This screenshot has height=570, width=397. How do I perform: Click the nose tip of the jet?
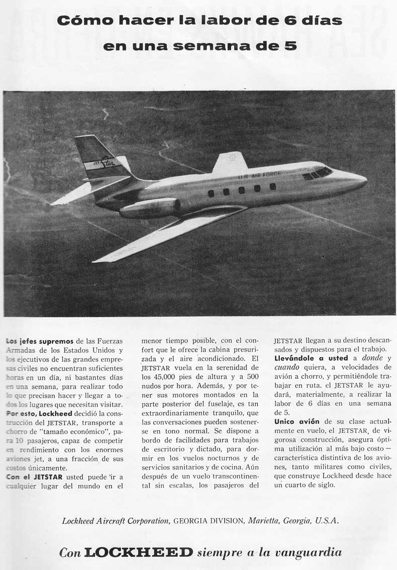365,179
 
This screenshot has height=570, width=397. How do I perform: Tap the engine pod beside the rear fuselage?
150,207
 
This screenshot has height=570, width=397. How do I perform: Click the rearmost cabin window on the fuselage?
211,193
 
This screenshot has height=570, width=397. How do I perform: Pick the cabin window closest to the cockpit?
273,186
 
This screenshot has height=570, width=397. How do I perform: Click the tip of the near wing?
95,260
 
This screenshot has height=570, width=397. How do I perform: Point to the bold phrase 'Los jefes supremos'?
40,341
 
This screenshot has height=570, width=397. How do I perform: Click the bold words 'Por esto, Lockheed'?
39,413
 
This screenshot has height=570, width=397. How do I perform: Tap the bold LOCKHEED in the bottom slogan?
138,552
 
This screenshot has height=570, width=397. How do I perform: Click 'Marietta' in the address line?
264,521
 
